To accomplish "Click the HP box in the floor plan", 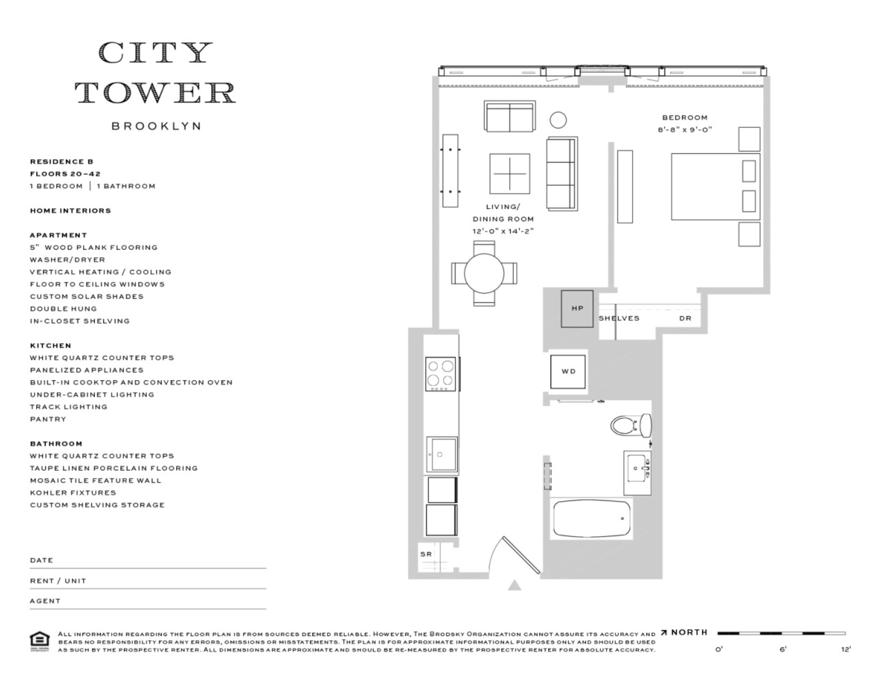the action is (577, 309).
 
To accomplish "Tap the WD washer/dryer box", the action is (568, 372).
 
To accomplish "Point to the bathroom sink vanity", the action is (637, 472).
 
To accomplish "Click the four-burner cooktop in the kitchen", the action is (441, 374).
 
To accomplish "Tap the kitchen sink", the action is (442, 455).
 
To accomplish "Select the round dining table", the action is (484, 274).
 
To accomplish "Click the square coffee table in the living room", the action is (510, 174).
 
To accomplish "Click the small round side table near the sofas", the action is (558, 120).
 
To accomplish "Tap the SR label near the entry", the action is (426, 554).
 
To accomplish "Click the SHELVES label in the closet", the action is (619, 318).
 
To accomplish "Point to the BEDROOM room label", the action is (685, 118).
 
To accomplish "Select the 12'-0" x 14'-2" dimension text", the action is (503, 231).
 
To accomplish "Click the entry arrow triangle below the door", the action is (514, 586).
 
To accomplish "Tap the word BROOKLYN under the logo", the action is (156, 126).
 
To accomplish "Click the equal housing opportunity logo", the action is (40, 641).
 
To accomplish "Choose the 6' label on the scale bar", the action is (783, 649).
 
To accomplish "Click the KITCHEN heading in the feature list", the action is (51, 345).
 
